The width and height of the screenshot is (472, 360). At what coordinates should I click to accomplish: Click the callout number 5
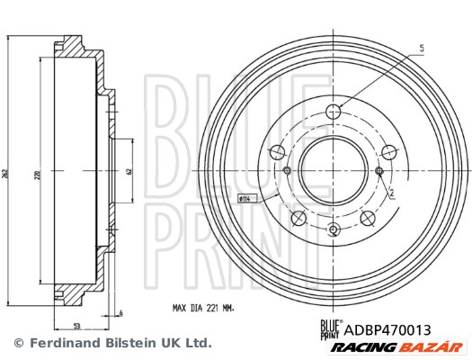pos(419,47)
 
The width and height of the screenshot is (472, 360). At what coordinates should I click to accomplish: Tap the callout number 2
pos(392,192)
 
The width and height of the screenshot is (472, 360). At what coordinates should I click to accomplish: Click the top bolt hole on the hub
pos(334,112)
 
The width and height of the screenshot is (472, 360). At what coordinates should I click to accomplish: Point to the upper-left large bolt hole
pos(276,151)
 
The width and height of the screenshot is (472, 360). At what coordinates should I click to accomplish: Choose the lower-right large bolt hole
pos(367,216)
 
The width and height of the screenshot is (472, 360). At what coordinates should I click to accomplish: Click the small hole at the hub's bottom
pos(334,230)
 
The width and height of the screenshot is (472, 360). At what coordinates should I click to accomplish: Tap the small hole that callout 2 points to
pos(378,171)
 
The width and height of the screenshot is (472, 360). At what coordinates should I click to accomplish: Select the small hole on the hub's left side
pos(287,171)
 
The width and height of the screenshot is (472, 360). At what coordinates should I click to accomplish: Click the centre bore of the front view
pos(333,170)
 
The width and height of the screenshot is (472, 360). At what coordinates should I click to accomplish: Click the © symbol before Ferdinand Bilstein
pos(17,343)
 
